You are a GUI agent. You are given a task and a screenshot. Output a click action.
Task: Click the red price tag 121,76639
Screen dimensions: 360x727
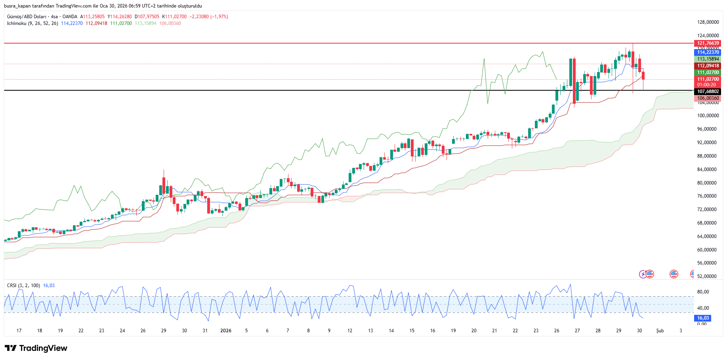(708, 43)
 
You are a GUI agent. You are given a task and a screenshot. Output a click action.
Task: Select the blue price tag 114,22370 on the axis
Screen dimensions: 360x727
(708, 52)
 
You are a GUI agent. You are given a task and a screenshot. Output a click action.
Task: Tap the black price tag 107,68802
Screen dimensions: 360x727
(708, 91)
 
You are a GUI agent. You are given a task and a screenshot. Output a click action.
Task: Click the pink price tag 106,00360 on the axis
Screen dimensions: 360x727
(708, 98)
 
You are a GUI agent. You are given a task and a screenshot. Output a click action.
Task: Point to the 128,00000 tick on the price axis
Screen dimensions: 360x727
(708, 22)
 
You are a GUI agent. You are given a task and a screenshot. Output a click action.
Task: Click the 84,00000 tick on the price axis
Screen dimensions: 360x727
(708, 170)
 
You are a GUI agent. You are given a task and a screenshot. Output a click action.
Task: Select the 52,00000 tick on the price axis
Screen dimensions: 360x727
(708, 276)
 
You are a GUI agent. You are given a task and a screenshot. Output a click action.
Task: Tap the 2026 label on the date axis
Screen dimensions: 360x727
(226, 331)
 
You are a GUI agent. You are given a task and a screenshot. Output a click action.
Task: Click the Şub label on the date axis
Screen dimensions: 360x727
(660, 331)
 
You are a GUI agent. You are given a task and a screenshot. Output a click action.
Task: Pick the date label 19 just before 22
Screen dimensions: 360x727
(60, 331)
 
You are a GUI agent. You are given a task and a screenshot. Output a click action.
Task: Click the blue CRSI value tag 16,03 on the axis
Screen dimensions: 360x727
(703, 318)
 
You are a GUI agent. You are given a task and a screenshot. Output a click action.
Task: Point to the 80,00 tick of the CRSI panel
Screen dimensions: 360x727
(703, 292)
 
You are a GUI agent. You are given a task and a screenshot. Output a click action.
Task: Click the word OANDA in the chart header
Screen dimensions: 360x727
(70, 17)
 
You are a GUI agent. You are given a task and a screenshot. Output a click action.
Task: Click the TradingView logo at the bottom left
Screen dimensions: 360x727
(36, 348)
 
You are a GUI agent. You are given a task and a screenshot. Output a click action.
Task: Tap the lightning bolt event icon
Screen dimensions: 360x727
(643, 274)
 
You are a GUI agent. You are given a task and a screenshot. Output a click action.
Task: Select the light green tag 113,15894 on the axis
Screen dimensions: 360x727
(708, 59)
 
